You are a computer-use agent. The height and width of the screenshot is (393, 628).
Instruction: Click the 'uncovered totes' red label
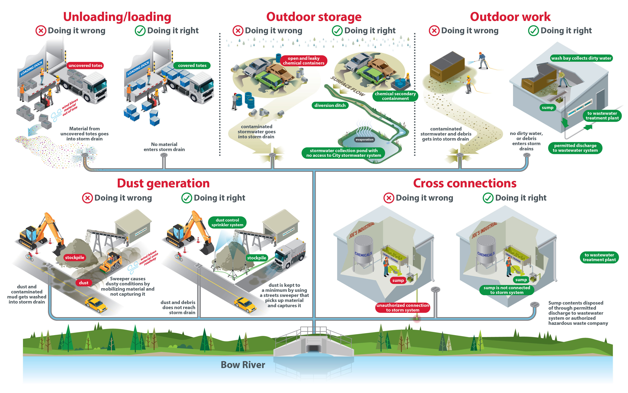(85, 66)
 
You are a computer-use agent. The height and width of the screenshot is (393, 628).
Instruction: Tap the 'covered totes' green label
(192, 66)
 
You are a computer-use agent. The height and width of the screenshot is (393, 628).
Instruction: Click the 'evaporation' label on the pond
(364, 140)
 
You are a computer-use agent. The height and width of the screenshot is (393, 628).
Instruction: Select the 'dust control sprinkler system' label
(227, 223)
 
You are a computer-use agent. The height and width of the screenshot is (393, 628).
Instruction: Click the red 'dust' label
(84, 283)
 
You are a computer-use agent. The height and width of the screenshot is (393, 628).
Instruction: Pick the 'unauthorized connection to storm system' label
(402, 308)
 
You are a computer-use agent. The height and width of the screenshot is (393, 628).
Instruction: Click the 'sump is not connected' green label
(506, 290)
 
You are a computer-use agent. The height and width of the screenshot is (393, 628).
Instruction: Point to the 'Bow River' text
(243, 365)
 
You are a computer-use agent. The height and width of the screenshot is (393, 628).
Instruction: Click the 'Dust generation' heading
(163, 183)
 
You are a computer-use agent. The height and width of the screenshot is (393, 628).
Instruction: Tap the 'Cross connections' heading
(465, 183)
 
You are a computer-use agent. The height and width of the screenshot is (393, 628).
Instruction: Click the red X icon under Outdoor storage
(238, 31)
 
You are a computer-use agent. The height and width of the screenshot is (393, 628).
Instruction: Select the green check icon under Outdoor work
(533, 31)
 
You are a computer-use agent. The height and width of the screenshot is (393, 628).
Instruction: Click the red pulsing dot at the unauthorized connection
(417, 319)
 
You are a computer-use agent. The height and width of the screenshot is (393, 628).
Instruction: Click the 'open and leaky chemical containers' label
(303, 61)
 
